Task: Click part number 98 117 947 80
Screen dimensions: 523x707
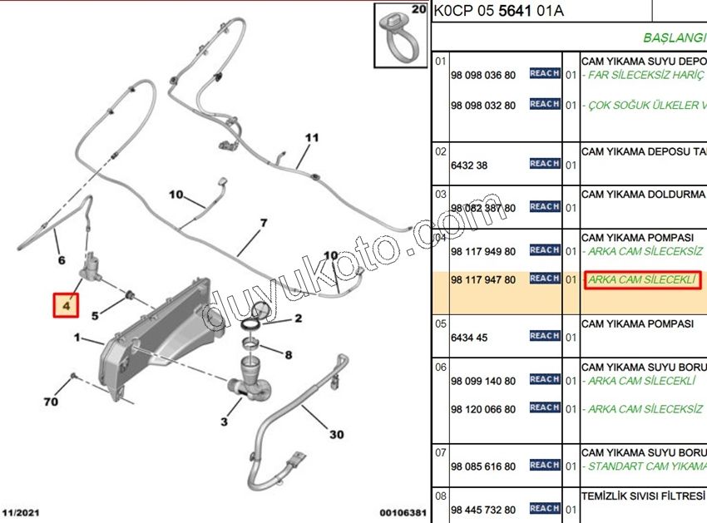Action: pyautogui.click(x=482, y=280)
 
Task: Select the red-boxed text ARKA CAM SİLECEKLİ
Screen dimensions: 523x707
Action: pyautogui.click(x=642, y=280)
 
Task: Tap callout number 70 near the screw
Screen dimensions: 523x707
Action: pyautogui.click(x=51, y=402)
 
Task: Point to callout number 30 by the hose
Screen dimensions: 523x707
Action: pyautogui.click(x=336, y=435)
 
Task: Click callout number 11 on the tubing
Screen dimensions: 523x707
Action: pyautogui.click(x=311, y=138)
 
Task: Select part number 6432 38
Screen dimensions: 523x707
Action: pyautogui.click(x=469, y=165)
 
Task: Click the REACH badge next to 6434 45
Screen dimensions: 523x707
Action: pyautogui.click(x=544, y=336)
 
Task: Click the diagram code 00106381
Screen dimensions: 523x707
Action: pyautogui.click(x=403, y=513)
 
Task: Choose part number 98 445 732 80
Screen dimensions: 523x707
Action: pyautogui.click(x=482, y=510)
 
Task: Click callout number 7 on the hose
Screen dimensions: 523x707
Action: pyautogui.click(x=263, y=223)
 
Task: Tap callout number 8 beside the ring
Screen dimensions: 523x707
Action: pyautogui.click(x=288, y=355)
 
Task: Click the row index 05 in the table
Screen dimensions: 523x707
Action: pyautogui.click(x=441, y=323)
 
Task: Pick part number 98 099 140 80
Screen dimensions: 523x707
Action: pyautogui.click(x=482, y=381)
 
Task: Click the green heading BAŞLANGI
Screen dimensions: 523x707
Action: pyautogui.click(x=674, y=38)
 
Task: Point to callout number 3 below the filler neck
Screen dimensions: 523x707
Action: pyautogui.click(x=224, y=422)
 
